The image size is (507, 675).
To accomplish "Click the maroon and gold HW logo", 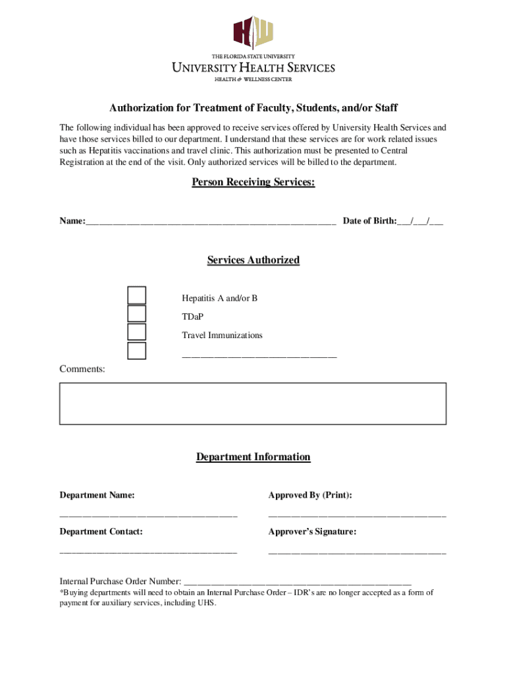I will tap(253, 32).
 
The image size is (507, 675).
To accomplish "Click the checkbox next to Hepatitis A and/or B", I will tap(136, 295).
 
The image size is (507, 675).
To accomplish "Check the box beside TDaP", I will tap(136, 314).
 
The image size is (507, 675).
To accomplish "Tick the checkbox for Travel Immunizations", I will tap(136, 332).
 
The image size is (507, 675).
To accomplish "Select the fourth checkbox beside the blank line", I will tap(136, 351).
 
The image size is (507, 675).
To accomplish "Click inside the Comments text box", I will tap(253, 403).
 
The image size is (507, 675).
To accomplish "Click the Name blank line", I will tap(211, 223).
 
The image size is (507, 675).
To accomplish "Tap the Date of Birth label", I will tap(369, 221).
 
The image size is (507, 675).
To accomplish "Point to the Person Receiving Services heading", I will tap(253, 182).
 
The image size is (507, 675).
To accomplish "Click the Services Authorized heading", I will tap(253, 260).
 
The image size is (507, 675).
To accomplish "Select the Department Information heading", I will tap(253, 457).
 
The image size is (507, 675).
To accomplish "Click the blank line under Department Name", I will tap(148, 515).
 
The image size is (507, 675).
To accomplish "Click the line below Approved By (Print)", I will tap(357, 515).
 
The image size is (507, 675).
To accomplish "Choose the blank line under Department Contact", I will tap(148, 552).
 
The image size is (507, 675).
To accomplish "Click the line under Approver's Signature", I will tap(357, 552).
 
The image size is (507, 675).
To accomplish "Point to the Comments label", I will tap(82, 369).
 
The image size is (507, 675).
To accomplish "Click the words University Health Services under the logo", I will tap(253, 68).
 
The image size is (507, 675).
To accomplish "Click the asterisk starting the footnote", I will tap(62, 592).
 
